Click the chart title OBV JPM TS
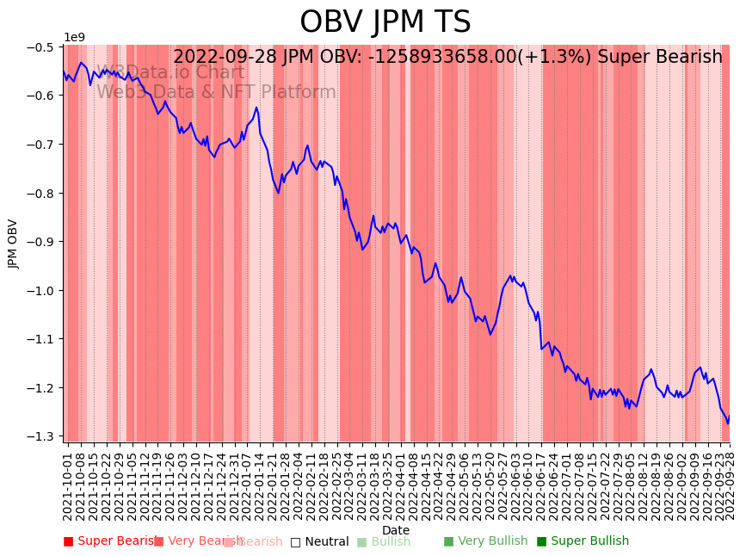tap(385, 22)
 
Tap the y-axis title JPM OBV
tap(13, 244)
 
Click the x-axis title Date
tap(396, 530)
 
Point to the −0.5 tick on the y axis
tap(41, 46)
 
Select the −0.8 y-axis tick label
tap(41, 193)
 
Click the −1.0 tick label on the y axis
tap(41, 290)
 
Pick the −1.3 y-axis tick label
tap(41, 436)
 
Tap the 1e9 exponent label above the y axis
tap(75, 37)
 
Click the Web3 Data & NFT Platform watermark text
tap(216, 92)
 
